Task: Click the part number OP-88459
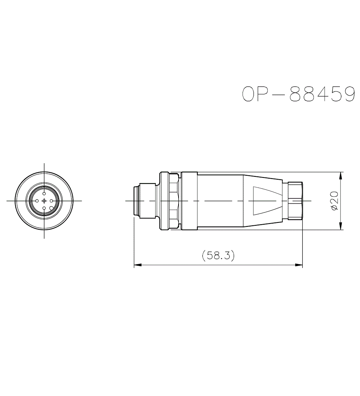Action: pos(298,94)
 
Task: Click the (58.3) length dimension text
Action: pos(218,256)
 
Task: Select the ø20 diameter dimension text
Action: pos(334,201)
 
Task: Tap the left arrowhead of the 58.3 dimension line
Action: pos(137,265)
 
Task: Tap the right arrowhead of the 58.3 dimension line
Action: pos(299,265)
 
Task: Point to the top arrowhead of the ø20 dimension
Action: pos(341,175)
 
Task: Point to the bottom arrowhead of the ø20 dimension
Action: pos(341,226)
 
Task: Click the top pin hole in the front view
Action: pos(44,194)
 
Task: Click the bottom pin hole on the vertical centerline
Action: pos(44,208)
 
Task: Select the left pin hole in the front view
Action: pos(37,201)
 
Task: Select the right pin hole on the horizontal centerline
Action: pos(51,201)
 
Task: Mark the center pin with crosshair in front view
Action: pos(44,201)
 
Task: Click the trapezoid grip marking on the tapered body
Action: pos(266,201)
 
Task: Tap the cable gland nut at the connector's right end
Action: pos(295,201)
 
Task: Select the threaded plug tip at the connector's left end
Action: pos(136,201)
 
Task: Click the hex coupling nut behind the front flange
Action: pos(174,201)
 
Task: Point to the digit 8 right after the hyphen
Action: pos(295,94)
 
